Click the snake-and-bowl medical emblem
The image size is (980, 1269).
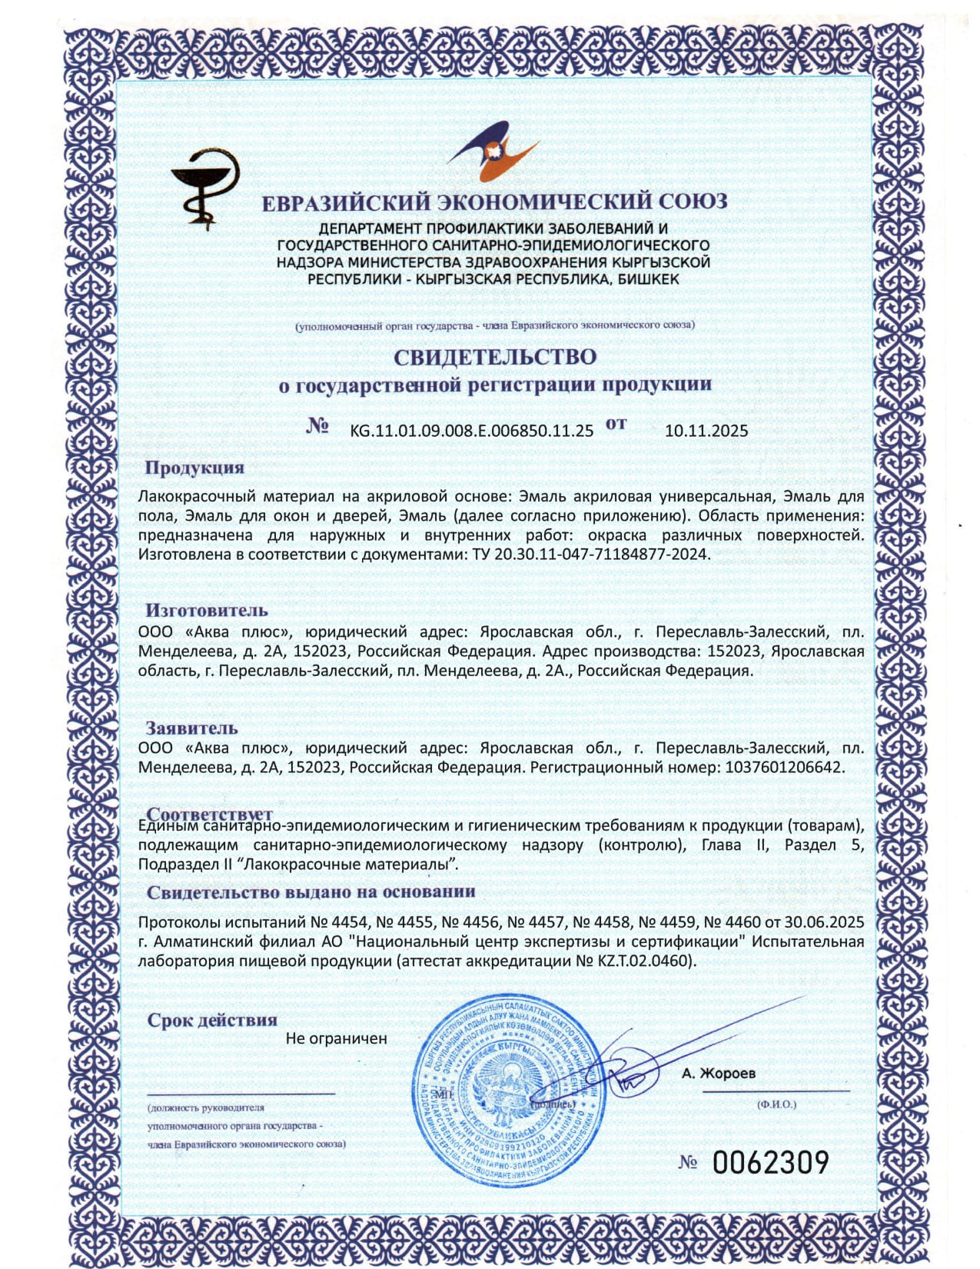[x=204, y=187]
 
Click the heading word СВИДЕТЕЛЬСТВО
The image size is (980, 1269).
[x=495, y=357]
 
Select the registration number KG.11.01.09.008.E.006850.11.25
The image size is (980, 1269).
[x=471, y=431]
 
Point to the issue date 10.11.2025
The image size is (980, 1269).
[x=706, y=431]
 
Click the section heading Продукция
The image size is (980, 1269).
[x=194, y=468]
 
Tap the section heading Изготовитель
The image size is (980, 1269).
[x=207, y=610]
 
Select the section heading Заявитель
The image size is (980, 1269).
[x=192, y=728]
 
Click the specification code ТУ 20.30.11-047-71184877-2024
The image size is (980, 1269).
[x=587, y=554]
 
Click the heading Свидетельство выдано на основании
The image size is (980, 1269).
[x=311, y=892]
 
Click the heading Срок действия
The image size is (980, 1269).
[x=211, y=1020]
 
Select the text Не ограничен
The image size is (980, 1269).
[x=336, y=1038]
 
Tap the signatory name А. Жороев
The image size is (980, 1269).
[x=718, y=1073]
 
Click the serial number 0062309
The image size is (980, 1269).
[x=770, y=1161]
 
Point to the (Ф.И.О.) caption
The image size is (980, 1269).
[x=776, y=1104]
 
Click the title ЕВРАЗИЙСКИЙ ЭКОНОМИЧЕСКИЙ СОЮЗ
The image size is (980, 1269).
[x=494, y=202]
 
